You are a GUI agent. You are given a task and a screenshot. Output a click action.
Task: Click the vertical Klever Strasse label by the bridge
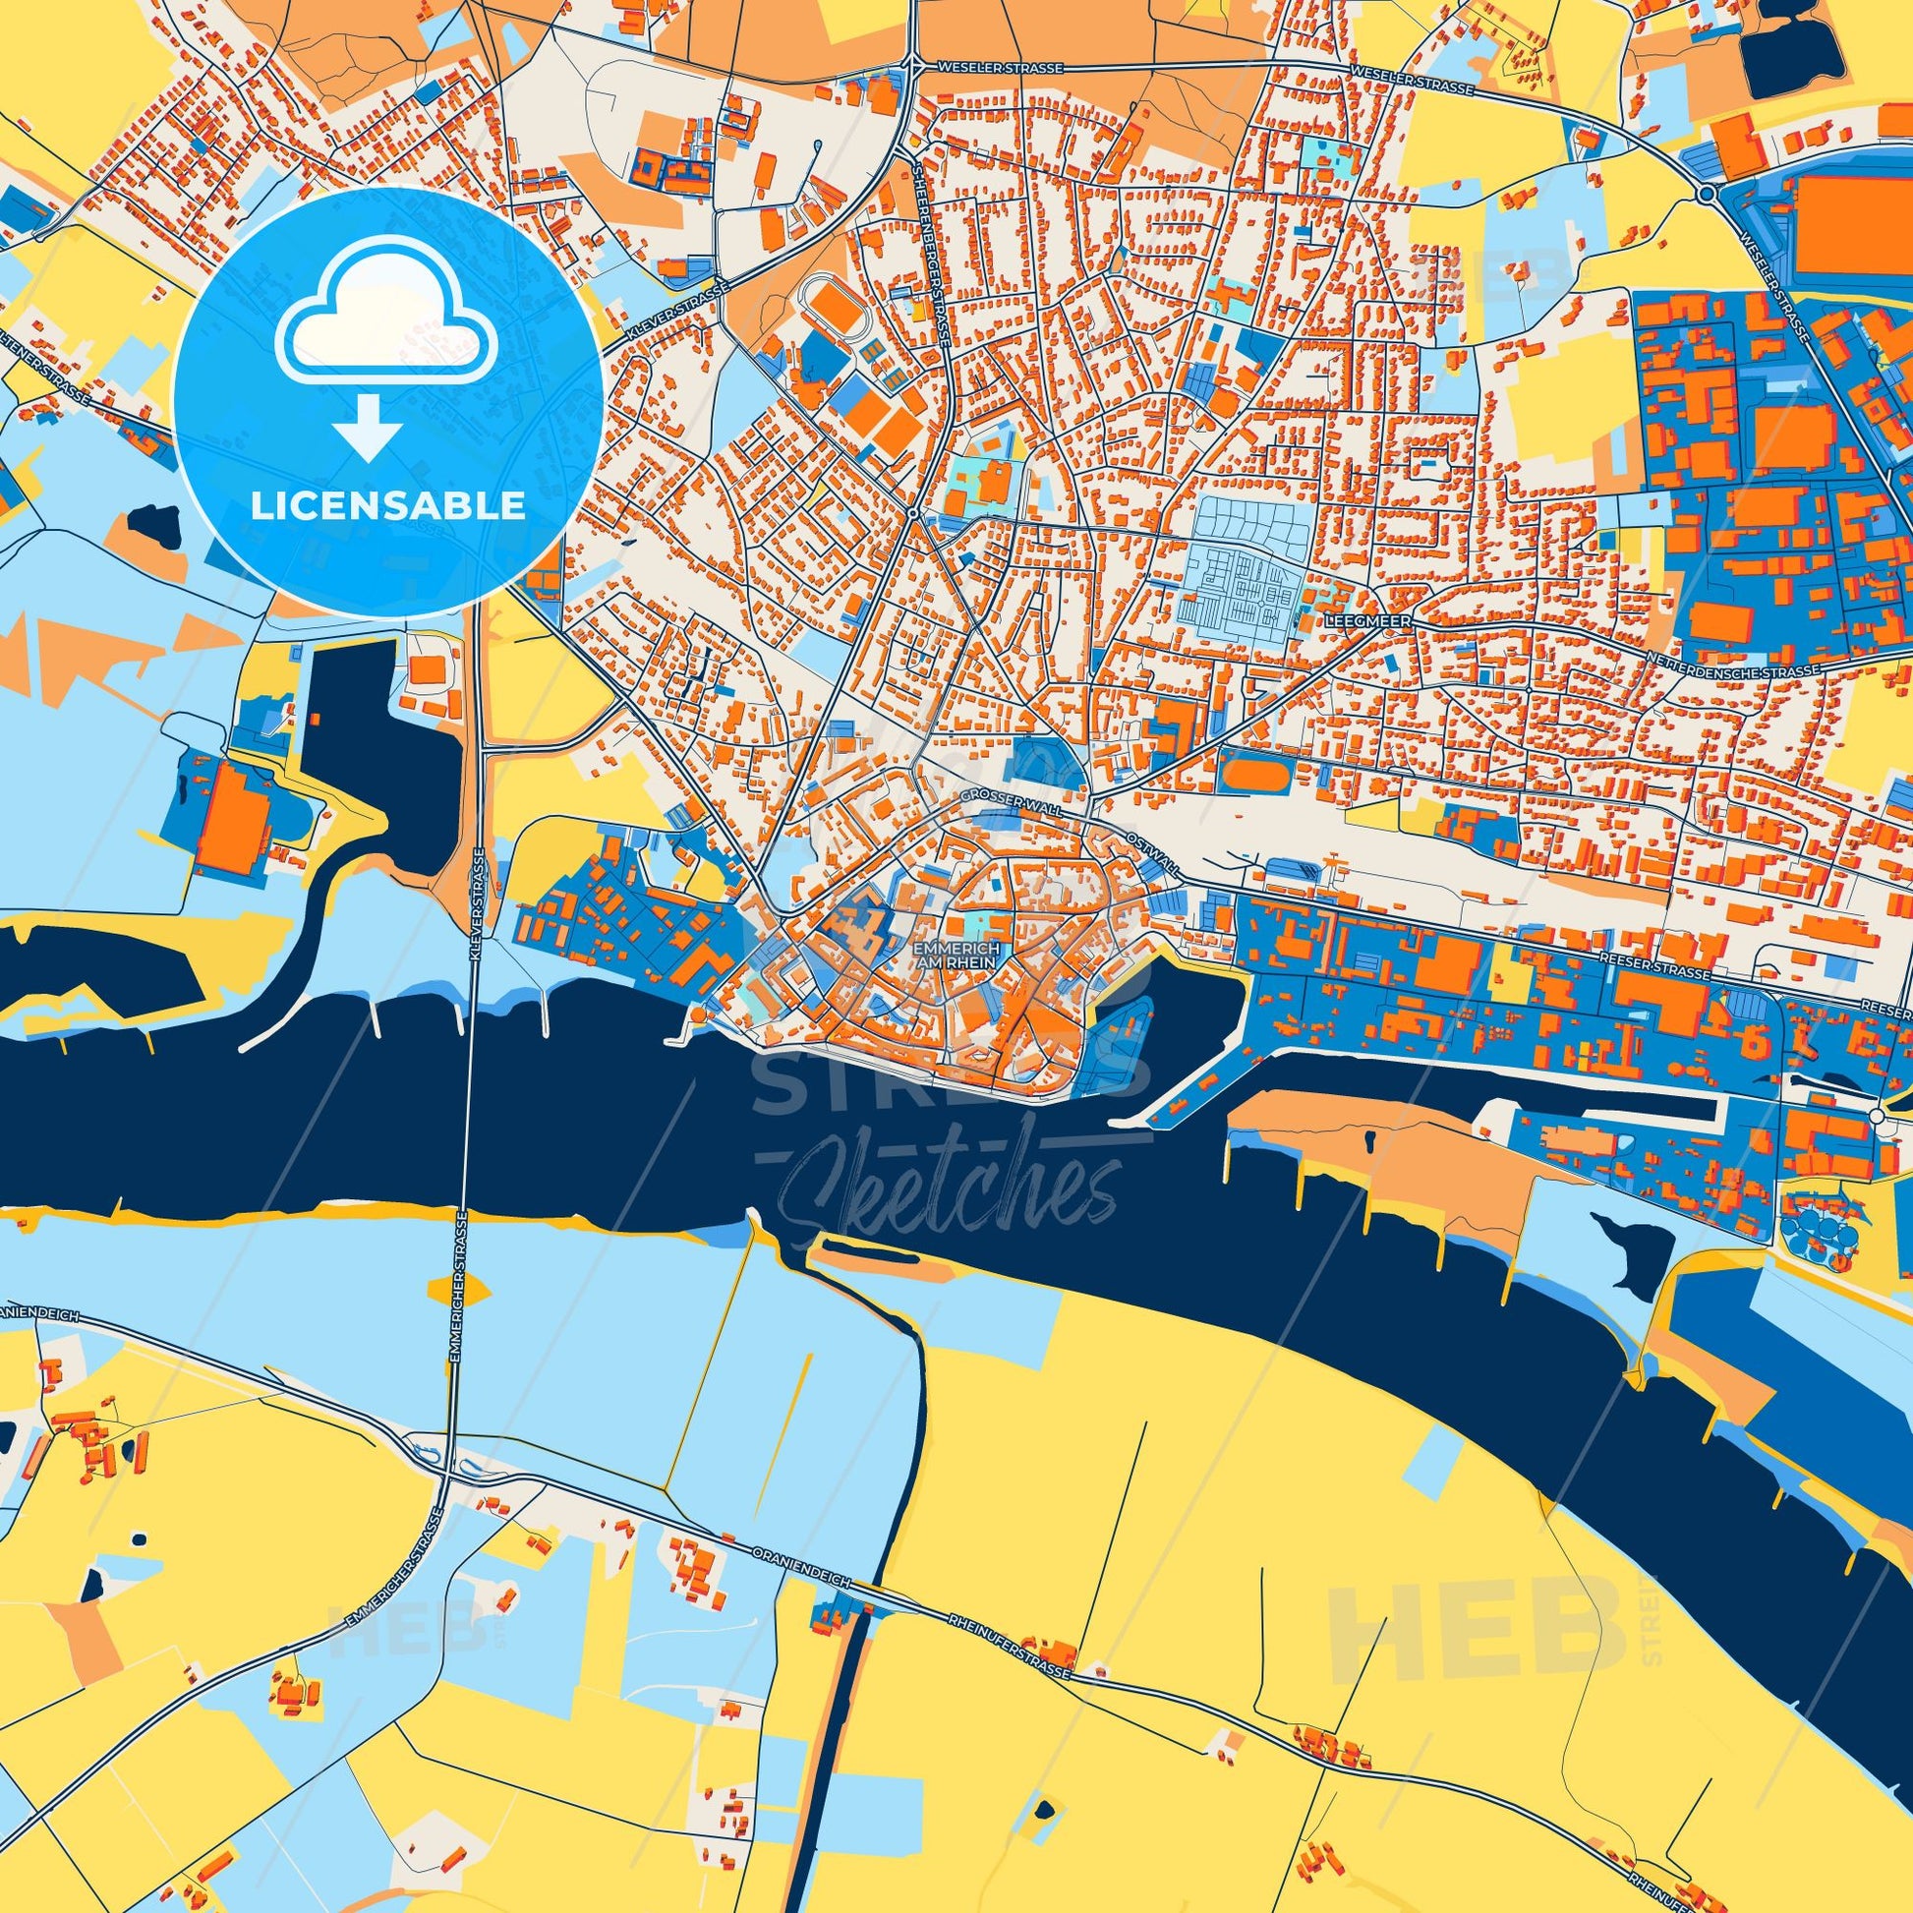[x=480, y=901]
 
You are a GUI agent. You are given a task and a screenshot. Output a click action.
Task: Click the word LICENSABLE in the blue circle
[x=388, y=506]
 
